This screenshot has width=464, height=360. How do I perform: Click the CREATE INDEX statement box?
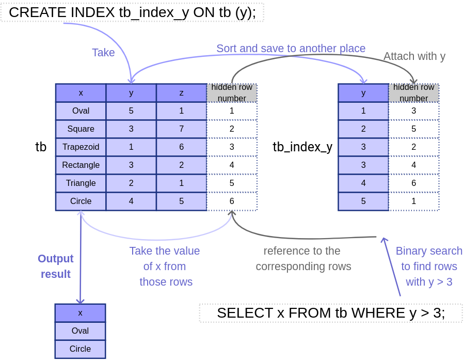pyautogui.click(x=132, y=12)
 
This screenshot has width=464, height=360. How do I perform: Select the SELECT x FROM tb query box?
pyautogui.click(x=331, y=313)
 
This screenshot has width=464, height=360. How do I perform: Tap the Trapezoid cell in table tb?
pyautogui.click(x=81, y=147)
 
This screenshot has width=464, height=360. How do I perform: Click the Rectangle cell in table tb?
pyautogui.click(x=81, y=165)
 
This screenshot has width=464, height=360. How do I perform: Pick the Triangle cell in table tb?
pyautogui.click(x=81, y=183)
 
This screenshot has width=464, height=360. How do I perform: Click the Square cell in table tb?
pyautogui.click(x=81, y=129)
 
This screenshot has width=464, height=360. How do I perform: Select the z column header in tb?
pyautogui.click(x=182, y=93)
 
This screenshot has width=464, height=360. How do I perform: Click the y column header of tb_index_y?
pyautogui.click(x=363, y=93)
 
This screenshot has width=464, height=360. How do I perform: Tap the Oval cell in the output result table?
pyautogui.click(x=80, y=331)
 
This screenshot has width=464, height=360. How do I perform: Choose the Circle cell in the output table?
pyautogui.click(x=80, y=349)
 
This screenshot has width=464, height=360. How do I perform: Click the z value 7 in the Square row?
pyautogui.click(x=182, y=129)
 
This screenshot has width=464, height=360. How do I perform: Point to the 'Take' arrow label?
pyautogui.click(x=103, y=53)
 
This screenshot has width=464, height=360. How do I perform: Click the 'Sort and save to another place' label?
pyautogui.click(x=291, y=49)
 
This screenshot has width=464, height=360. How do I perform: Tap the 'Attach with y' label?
pyautogui.click(x=414, y=56)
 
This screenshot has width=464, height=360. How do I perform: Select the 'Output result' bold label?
pyautogui.click(x=56, y=267)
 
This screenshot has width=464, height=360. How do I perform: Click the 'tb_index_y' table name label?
pyautogui.click(x=302, y=147)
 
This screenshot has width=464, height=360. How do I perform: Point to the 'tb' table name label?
pyautogui.click(x=41, y=147)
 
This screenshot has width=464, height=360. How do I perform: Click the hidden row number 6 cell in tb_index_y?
pyautogui.click(x=414, y=183)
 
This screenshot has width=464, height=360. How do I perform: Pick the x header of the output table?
pyautogui.click(x=80, y=313)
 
